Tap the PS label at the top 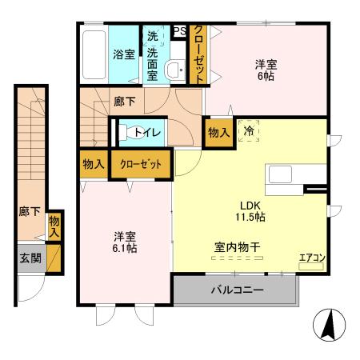click(180, 32)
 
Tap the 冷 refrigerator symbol click(250, 130)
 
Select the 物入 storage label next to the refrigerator click(218, 131)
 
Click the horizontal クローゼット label click(141, 164)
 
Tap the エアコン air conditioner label click(311, 258)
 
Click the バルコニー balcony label click(237, 290)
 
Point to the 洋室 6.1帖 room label click(124, 242)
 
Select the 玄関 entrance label click(30, 259)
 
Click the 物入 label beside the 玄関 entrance click(54, 226)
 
